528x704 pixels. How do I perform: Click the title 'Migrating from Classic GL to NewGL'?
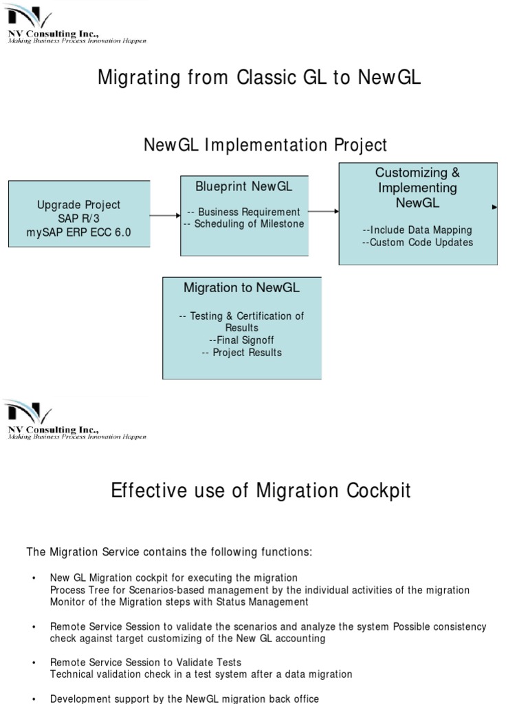(259, 77)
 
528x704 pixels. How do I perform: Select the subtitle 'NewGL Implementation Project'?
(265, 145)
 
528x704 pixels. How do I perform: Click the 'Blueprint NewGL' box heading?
(243, 186)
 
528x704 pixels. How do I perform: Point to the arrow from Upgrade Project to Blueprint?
(165, 215)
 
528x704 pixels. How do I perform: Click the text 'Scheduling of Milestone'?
(246, 224)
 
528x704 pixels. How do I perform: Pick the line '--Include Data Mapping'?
(417, 230)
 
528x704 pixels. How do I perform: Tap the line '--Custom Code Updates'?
(417, 242)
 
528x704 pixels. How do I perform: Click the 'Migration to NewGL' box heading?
(241, 287)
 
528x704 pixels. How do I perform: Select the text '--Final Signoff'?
(242, 340)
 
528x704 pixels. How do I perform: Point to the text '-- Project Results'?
(242, 353)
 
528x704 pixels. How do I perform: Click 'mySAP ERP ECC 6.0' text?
(78, 232)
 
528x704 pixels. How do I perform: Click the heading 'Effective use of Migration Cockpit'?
(261, 491)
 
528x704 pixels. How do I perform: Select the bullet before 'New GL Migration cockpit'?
(34, 578)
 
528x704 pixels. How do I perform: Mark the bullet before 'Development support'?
(34, 699)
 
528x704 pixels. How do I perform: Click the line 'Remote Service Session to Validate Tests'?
(146, 663)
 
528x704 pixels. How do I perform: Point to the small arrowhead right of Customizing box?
(495, 206)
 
